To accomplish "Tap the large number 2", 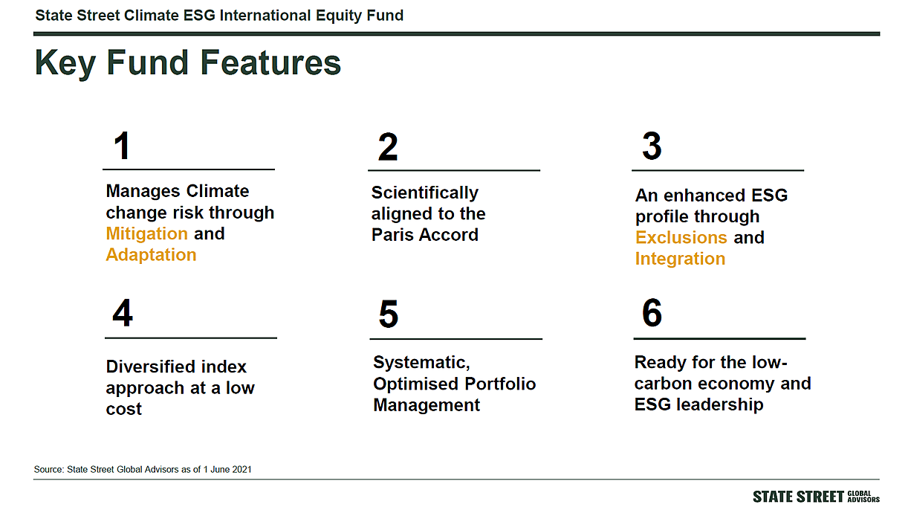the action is (x=388, y=147).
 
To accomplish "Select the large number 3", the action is (x=652, y=146).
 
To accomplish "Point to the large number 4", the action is (x=123, y=313).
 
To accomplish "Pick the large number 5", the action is (x=389, y=314).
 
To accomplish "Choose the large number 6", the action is (x=652, y=312).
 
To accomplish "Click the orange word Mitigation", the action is (x=147, y=234).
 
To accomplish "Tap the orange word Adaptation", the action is (x=151, y=256).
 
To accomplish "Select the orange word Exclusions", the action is (x=681, y=238).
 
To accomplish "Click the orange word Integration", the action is (x=680, y=259).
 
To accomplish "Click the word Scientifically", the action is (x=424, y=193).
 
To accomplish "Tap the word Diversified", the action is (x=176, y=367).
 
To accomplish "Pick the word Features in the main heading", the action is (x=270, y=62).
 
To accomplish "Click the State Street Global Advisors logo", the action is (x=816, y=497).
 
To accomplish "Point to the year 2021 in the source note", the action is (x=241, y=469).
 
